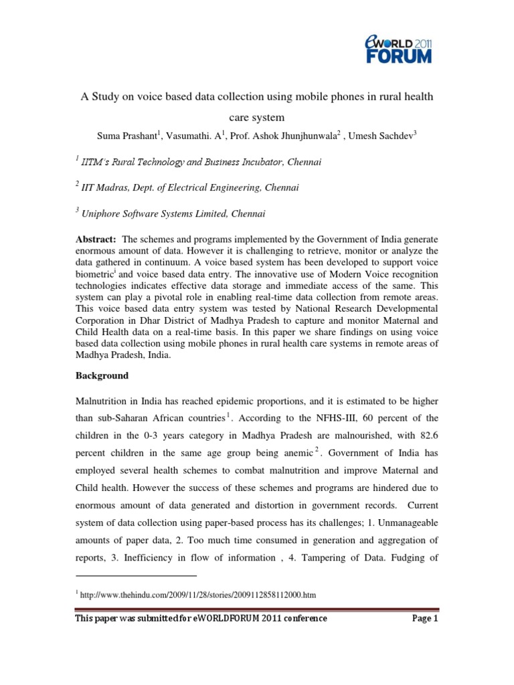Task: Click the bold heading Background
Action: pyautogui.click(x=101, y=375)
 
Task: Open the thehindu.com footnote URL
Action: pyautogui.click(x=198, y=594)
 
